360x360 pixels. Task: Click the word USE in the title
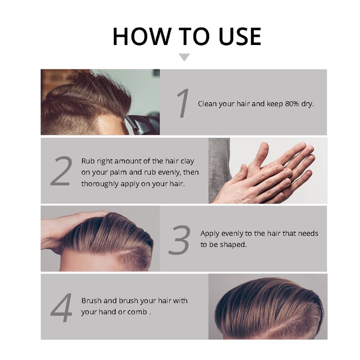click(239, 36)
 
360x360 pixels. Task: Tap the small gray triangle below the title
click(184, 57)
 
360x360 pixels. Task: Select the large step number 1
click(182, 104)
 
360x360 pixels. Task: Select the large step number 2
click(62, 171)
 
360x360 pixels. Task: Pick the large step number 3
click(180, 240)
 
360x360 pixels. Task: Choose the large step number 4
click(62, 308)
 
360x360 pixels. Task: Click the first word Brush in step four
click(92, 301)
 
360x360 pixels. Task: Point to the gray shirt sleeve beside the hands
click(219, 166)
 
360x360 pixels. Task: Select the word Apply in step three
click(210, 233)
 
